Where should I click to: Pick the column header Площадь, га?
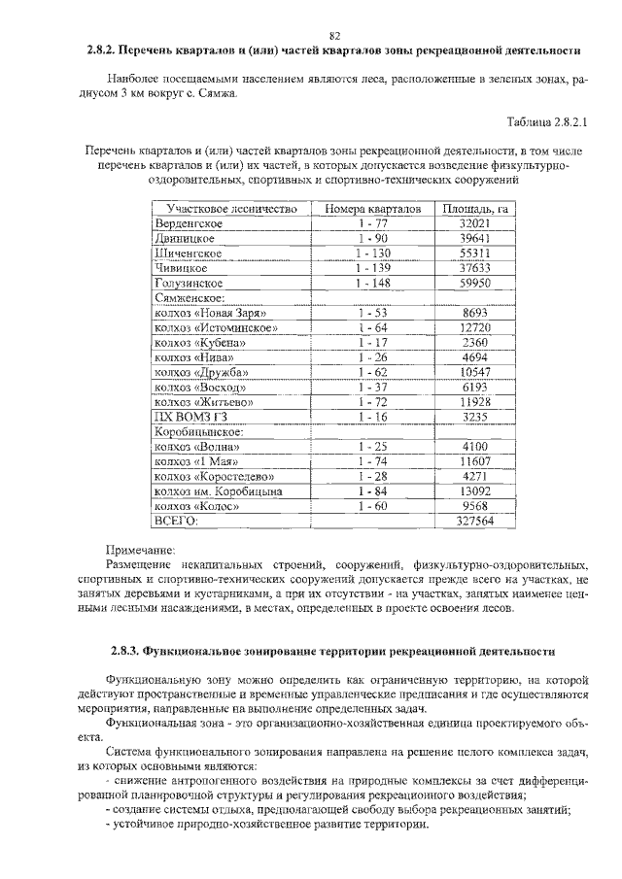click(475, 209)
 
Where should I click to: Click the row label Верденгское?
click(190, 223)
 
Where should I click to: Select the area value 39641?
click(475, 238)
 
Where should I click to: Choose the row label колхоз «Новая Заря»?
click(209, 313)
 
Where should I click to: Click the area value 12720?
click(475, 328)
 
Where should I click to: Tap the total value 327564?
click(475, 521)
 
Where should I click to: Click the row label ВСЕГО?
click(176, 521)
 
